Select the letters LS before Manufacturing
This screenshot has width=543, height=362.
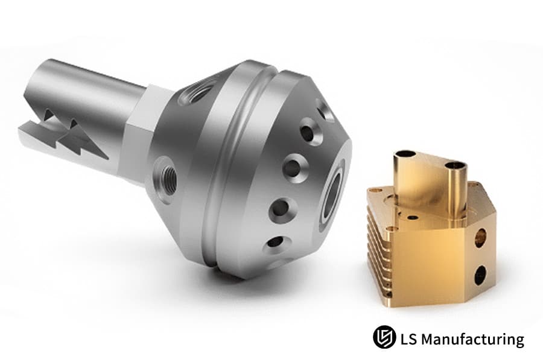click(407, 339)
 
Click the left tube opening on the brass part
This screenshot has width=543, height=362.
click(405, 155)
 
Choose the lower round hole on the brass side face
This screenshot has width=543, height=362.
click(480, 275)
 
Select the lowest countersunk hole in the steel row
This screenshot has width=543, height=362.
click(275, 242)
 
